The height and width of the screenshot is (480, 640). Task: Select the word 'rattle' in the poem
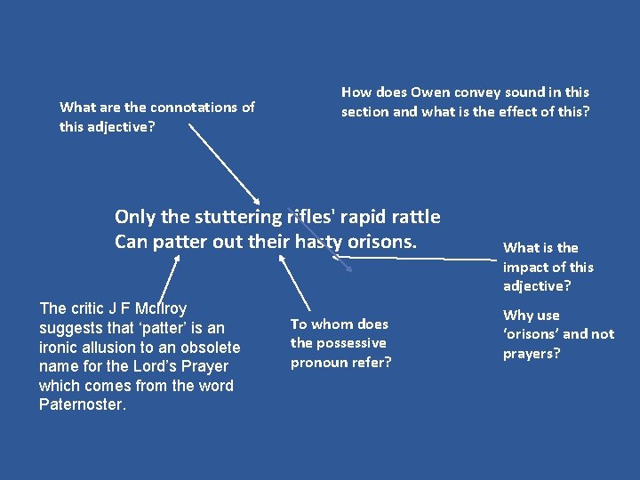[412, 217]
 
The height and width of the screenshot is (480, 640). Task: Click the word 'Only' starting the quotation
[134, 217]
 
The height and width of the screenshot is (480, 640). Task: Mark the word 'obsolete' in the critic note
[210, 348]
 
